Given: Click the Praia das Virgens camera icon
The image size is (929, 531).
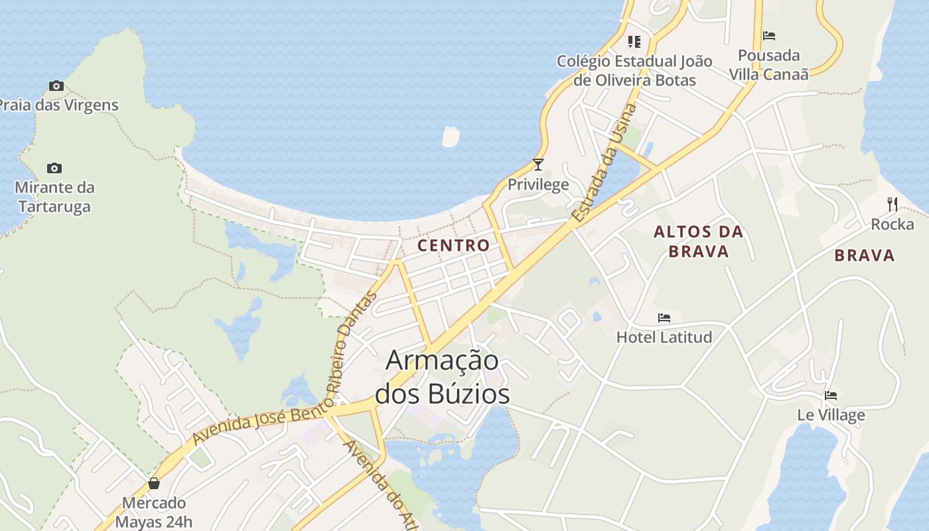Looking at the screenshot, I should tap(56, 86).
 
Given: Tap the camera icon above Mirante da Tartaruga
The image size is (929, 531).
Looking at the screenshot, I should tap(54, 168).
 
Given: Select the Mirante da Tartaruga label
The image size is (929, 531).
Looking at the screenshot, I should tap(54, 197).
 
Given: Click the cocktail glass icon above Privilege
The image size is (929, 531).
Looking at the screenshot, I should tap(538, 164).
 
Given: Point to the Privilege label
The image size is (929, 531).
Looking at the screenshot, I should tap(538, 185).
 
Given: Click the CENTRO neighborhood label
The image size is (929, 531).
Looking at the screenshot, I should tap(454, 245).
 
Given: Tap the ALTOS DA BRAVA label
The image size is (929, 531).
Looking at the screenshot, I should tap(698, 242).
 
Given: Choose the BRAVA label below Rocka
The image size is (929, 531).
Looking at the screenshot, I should tap(865, 256).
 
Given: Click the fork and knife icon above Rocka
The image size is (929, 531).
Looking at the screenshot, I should tap(893, 204).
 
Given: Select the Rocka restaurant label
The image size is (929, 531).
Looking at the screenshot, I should tap(893, 224).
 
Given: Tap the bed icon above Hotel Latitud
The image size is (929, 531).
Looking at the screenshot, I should tap(664, 317).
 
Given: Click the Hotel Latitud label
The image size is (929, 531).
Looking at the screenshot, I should tap(664, 337).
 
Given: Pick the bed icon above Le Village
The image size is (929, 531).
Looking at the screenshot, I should tap(831, 395).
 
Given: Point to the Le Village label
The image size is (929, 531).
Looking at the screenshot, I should tap(831, 416).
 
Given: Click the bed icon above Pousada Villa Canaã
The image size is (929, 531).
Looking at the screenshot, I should tap(769, 35).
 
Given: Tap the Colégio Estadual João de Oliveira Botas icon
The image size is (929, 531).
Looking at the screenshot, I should tap(634, 42).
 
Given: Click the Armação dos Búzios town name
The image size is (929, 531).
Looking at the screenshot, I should tap(443, 376).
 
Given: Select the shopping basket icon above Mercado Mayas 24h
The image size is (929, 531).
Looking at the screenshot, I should tap(154, 483).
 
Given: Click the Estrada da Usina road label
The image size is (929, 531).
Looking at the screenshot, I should tap(604, 163).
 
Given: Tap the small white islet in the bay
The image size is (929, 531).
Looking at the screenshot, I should tap(451, 137).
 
